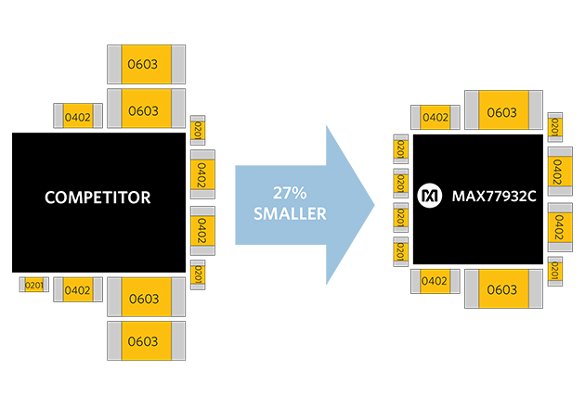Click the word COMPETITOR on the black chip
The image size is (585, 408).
click(x=97, y=198)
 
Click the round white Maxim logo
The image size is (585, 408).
click(x=430, y=197)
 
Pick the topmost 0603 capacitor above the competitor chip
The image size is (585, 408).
click(x=144, y=64)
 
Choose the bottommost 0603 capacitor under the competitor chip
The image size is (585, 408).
click(x=144, y=341)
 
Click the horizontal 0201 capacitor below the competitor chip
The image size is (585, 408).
click(x=34, y=285)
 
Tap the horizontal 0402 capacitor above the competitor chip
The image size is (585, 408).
click(x=78, y=117)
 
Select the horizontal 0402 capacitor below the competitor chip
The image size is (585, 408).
click(x=78, y=290)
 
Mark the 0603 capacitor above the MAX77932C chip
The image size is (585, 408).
click(x=501, y=112)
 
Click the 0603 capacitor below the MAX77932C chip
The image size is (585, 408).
click(x=501, y=289)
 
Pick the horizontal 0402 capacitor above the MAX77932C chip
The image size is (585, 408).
click(x=435, y=117)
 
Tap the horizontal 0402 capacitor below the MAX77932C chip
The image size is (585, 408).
click(x=435, y=281)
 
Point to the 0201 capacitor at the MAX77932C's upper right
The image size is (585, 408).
click(x=555, y=126)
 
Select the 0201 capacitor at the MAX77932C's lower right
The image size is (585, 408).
click(x=555, y=271)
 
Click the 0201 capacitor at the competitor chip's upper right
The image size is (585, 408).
click(x=197, y=131)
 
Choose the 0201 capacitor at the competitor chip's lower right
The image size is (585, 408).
click(x=197, y=274)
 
